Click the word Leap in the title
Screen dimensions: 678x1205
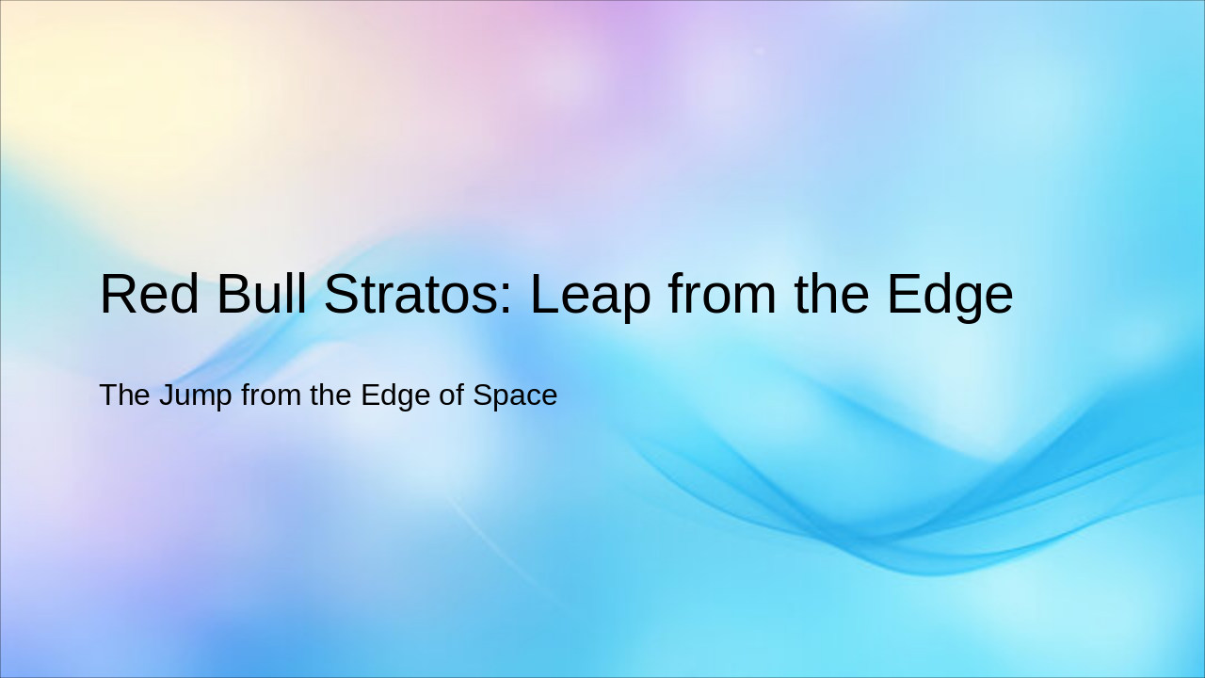(589, 296)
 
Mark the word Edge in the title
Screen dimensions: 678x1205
(950, 296)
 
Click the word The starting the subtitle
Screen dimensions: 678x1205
(125, 395)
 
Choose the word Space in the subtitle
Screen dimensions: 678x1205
(515, 396)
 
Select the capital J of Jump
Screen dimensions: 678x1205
(167, 395)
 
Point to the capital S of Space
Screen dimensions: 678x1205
(482, 395)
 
